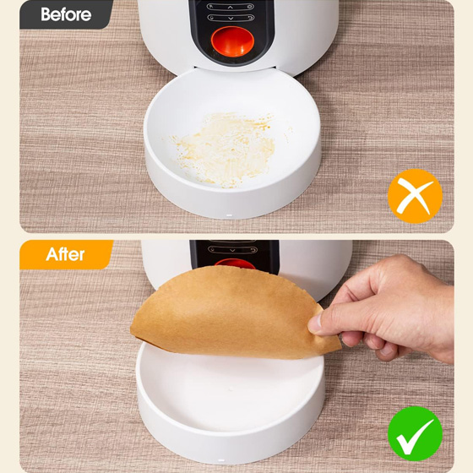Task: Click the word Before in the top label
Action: click(66, 14)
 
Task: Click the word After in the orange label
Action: click(65, 254)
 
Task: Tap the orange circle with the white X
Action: click(415, 196)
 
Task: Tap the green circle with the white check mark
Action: click(415, 433)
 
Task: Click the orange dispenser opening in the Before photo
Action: click(232, 41)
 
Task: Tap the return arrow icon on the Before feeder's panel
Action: click(250, 18)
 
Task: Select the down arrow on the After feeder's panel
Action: click(232, 250)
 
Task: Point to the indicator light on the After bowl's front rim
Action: click(221, 460)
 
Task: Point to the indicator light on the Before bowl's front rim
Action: click(229, 215)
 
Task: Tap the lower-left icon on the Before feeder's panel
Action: click(211, 18)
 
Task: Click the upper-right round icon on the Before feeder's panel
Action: click(250, 7)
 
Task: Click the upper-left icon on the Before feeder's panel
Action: click(211, 7)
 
